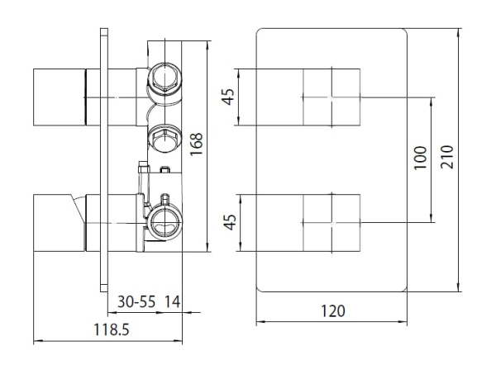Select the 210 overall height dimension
[x=447, y=155]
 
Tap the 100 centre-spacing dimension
[x=419, y=156]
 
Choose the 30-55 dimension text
[x=136, y=301]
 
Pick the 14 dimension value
[x=173, y=301]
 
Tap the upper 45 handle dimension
[x=231, y=97]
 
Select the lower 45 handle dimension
[x=231, y=221]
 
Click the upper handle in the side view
[x=58, y=98]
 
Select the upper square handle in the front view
[x=331, y=97]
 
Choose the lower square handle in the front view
[x=331, y=221]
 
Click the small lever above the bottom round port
[x=165, y=199]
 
